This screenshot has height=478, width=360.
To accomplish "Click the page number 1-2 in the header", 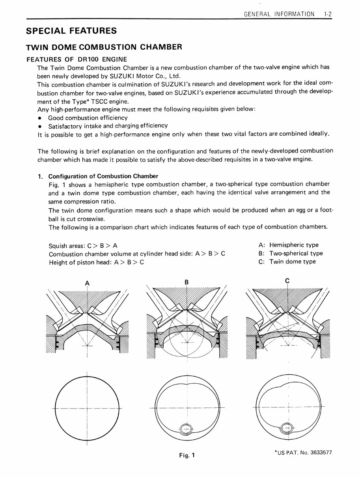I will [x=327, y=14].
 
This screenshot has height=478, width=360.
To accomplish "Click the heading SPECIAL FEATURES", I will [x=71, y=31].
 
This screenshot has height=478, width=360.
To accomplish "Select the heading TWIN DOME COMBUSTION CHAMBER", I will [x=104, y=47].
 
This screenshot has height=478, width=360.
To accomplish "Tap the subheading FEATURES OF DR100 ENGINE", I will [x=76, y=60].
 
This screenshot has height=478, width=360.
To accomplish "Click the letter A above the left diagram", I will [x=87, y=282].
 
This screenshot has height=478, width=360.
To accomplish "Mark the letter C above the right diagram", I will [x=287, y=281].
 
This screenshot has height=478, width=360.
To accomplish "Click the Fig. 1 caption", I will [x=187, y=456].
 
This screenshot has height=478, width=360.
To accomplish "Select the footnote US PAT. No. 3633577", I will [x=303, y=453].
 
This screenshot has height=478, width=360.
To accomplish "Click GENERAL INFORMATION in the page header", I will [x=279, y=14].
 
